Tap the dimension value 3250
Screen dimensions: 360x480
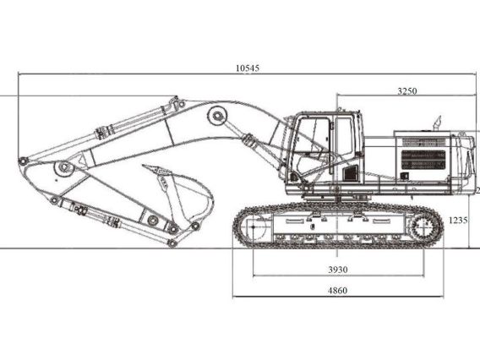(406, 90)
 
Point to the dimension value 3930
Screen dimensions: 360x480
(338, 270)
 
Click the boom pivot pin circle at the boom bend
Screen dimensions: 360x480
(219, 114)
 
